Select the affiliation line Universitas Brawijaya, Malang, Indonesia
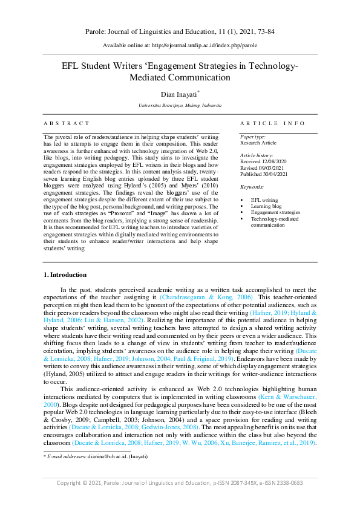click(180, 106)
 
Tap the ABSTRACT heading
click(67, 123)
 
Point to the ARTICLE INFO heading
click(272, 123)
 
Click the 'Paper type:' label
click(252, 137)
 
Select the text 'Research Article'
click(258, 143)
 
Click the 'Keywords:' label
click(252, 187)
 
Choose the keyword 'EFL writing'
click(264, 199)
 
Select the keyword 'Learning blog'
click(266, 206)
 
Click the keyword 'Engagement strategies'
click(275, 212)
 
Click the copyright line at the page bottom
click(180, 482)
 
